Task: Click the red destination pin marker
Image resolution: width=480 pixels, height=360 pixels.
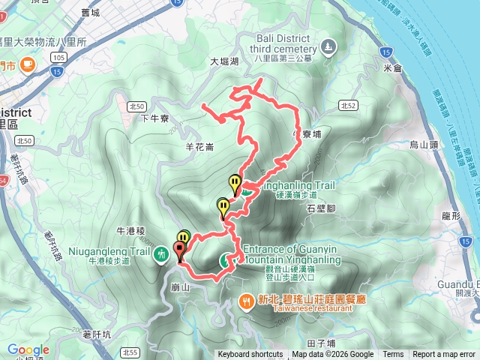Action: coord(180,250)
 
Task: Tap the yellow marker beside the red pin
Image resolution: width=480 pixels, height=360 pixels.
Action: coord(184,238)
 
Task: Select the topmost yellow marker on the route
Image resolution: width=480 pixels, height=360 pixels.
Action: coord(235,183)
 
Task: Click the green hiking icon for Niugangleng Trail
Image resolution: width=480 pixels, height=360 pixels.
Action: coord(160,255)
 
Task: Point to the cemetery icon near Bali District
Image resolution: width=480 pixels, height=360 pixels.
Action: coord(328,49)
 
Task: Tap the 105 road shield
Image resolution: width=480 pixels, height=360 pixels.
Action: coord(58,57)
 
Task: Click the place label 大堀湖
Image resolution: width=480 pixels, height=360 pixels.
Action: coord(224,61)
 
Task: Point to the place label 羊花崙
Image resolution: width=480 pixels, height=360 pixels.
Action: coord(199,147)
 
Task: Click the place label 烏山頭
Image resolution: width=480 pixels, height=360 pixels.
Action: coord(424,145)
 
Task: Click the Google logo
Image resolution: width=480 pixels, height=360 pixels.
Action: coord(28,350)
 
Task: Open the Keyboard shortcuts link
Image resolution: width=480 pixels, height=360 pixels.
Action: coord(250,355)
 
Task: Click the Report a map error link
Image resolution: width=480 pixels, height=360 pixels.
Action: coord(445,355)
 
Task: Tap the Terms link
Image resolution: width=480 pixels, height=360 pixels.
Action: coord(393,355)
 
